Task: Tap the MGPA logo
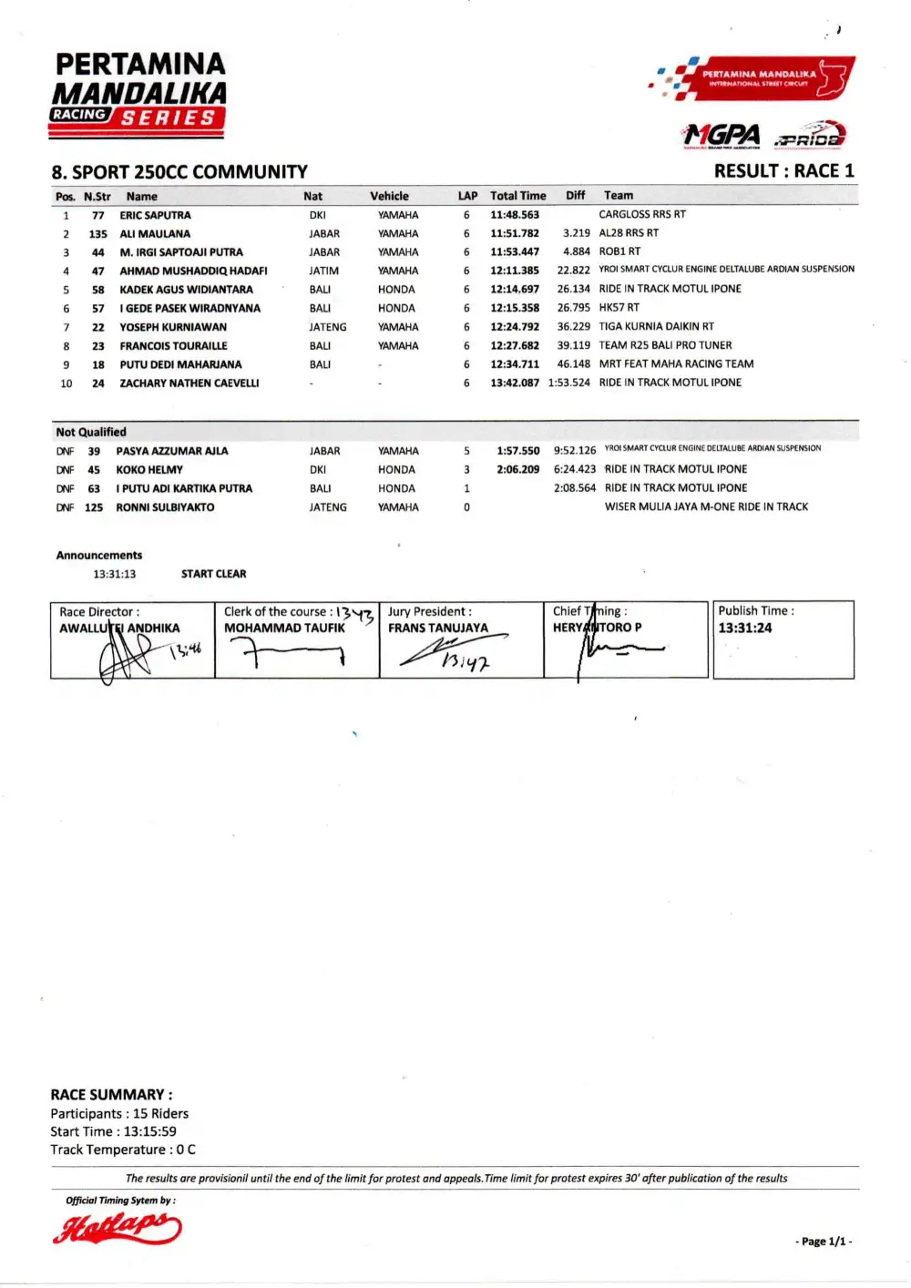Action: coord(722,136)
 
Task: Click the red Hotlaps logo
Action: coord(117,1228)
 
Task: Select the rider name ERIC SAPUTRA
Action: coord(155,216)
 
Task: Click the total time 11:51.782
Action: coord(515,234)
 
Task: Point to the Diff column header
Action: coord(575,196)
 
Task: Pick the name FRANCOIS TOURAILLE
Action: coord(173,346)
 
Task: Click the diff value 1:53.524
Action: coord(568,383)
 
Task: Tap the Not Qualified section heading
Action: coord(91,433)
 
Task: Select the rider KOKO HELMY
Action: coord(149,470)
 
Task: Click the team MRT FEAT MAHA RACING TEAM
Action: coord(676,364)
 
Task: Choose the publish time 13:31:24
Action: coord(744,629)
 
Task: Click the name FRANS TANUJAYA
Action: coord(437,629)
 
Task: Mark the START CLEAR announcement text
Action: coord(213,574)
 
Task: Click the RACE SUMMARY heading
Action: coord(111,1095)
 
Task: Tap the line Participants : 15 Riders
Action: coord(119,1114)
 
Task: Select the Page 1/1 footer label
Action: coord(824,1242)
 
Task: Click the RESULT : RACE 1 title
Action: coord(783,171)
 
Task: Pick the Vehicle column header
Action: coord(389,196)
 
